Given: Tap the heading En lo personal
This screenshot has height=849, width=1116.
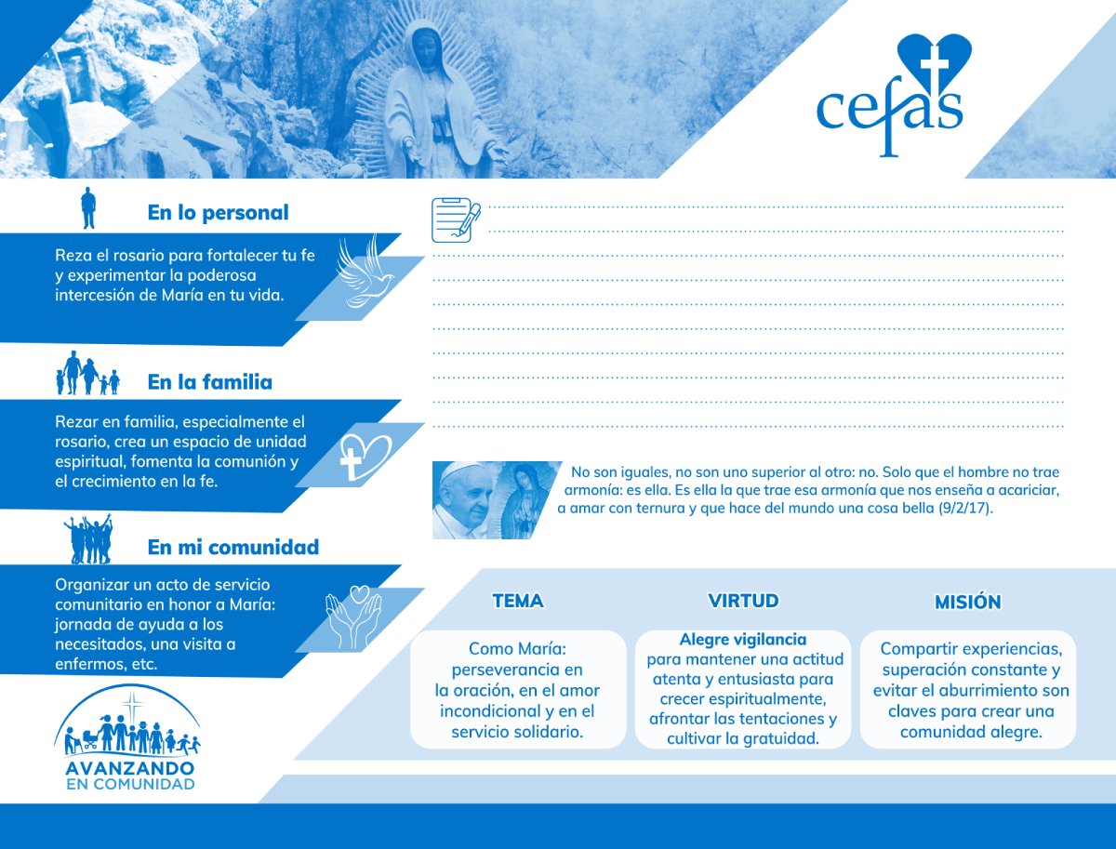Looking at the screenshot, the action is click(x=218, y=213).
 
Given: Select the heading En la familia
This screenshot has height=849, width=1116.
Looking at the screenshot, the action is click(x=209, y=382).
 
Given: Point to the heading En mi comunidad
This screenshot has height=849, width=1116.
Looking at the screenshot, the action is click(x=232, y=547).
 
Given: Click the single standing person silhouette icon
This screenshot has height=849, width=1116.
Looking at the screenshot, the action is click(x=88, y=208).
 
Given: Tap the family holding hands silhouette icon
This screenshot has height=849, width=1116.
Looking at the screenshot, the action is click(x=87, y=373).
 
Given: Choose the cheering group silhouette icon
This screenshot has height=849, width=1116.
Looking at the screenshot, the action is click(x=88, y=539).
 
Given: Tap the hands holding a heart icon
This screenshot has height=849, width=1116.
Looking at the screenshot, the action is click(x=353, y=617).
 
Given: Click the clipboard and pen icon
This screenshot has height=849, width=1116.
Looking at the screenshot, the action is click(x=456, y=220).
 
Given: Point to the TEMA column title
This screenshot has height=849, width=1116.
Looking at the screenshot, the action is click(x=518, y=601).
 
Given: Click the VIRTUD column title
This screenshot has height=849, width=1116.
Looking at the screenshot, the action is click(x=743, y=601).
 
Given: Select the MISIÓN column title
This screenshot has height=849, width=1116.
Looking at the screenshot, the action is click(x=967, y=602).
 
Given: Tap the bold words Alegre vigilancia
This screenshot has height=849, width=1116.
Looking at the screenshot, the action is click(x=743, y=639).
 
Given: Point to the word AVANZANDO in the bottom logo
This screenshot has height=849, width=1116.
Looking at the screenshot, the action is click(x=130, y=768).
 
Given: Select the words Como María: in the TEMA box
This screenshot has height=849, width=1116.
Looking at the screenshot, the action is click(x=517, y=649).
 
